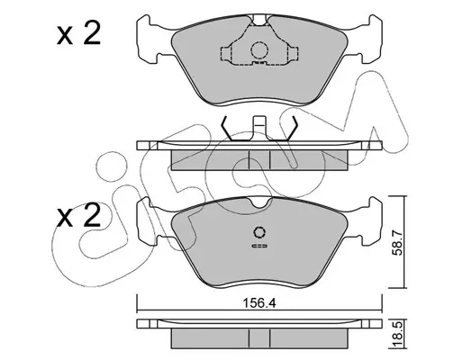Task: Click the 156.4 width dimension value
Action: [x=259, y=303]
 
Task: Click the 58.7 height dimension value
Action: [x=397, y=243]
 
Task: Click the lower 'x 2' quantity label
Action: [x=78, y=215]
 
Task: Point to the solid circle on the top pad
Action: [x=259, y=50]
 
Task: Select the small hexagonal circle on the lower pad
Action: [x=259, y=232]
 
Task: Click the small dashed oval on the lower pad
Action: [x=259, y=246]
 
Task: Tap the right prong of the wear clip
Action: [x=291, y=130]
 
